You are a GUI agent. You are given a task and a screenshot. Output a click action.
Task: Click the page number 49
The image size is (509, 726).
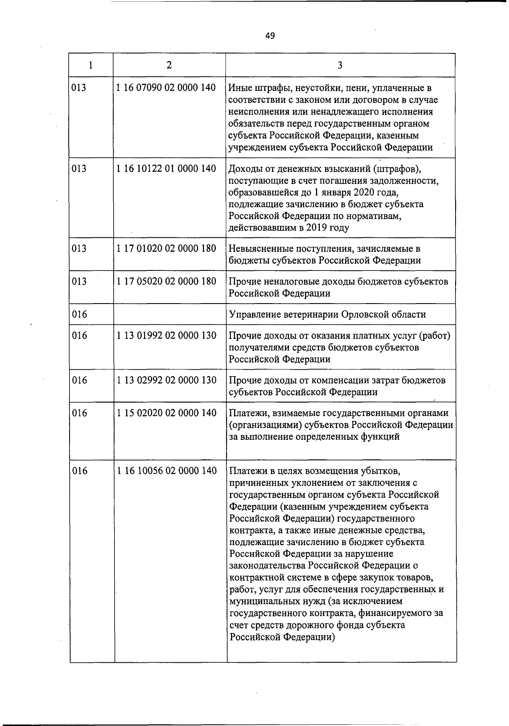(x=270, y=36)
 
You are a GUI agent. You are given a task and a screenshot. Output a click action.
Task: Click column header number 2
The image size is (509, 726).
(x=169, y=65)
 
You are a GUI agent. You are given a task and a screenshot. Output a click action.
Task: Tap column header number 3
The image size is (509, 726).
(x=340, y=65)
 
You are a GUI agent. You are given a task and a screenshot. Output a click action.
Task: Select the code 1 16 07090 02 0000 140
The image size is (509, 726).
(x=166, y=88)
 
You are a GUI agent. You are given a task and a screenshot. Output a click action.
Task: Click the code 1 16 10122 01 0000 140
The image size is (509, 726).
(x=166, y=169)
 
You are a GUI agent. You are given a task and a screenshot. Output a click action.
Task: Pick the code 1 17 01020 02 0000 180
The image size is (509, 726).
(x=166, y=248)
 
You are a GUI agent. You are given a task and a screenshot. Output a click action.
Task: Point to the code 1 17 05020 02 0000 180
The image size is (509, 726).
(x=166, y=281)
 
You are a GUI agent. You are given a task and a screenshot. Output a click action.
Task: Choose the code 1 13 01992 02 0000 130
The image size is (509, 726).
(x=166, y=335)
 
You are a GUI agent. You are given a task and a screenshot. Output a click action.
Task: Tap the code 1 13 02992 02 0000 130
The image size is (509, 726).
(x=166, y=380)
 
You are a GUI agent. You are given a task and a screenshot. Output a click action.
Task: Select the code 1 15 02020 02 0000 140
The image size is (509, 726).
(x=166, y=413)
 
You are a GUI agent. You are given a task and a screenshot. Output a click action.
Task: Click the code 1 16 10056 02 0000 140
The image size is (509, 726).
(x=166, y=470)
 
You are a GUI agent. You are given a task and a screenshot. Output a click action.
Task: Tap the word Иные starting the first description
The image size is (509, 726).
(x=240, y=88)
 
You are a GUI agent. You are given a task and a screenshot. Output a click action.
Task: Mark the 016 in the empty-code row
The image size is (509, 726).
(x=79, y=315)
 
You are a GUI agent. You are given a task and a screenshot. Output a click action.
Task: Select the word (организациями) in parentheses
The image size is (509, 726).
(x=263, y=425)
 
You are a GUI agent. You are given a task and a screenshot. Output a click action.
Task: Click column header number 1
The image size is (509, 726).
(x=91, y=65)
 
